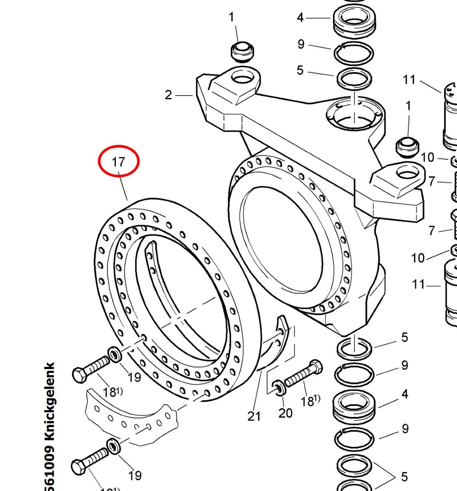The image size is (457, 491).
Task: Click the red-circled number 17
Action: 118,162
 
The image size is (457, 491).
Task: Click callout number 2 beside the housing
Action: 168,95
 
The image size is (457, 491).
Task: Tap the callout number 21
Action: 254,416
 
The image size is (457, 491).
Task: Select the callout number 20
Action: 285,413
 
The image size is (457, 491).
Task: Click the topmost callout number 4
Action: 300,18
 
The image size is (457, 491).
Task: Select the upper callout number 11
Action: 409,80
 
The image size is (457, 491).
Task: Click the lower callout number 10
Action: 418,258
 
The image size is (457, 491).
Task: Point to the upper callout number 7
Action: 432,181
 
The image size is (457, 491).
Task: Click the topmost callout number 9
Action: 301,44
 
